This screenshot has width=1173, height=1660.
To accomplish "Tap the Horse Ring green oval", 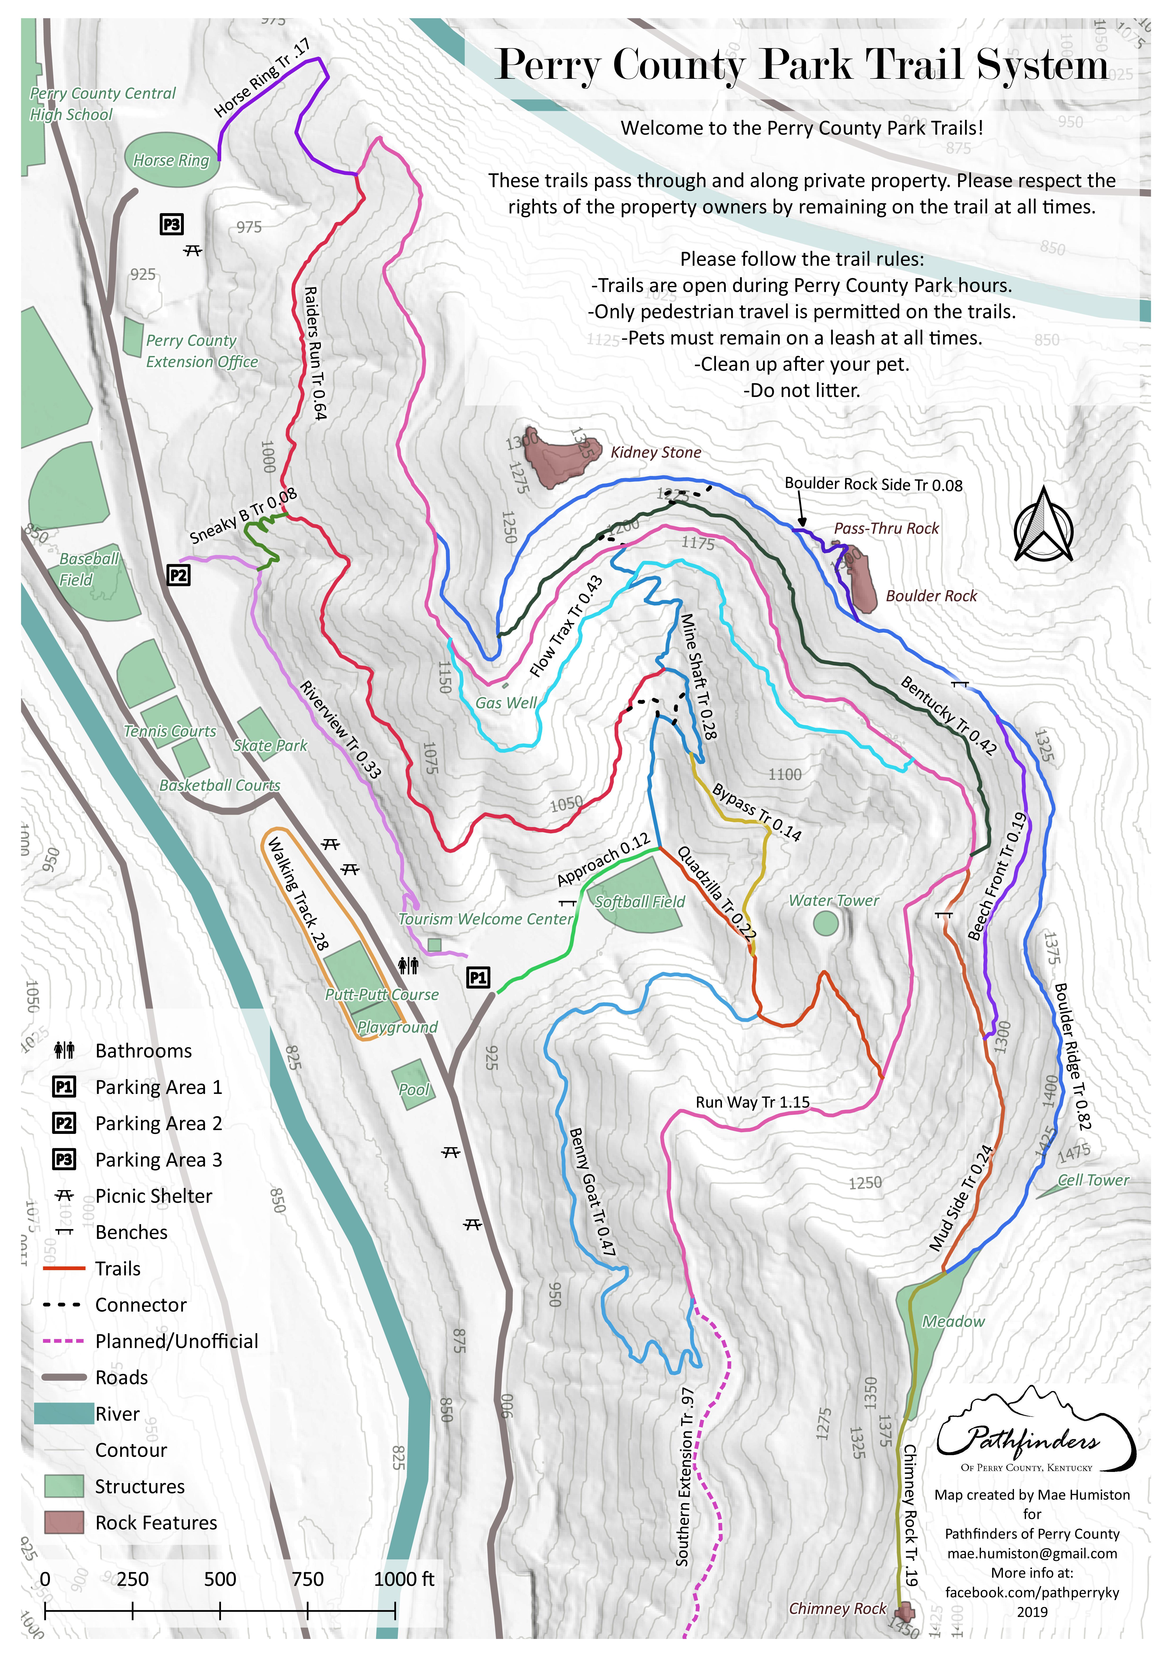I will pos(171,160).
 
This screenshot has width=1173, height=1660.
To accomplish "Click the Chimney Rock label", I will pos(837,1608).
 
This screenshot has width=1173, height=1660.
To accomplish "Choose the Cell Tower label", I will pos(1093,1180).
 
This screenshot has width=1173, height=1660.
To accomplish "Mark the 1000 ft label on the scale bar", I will pos(404,1579).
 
